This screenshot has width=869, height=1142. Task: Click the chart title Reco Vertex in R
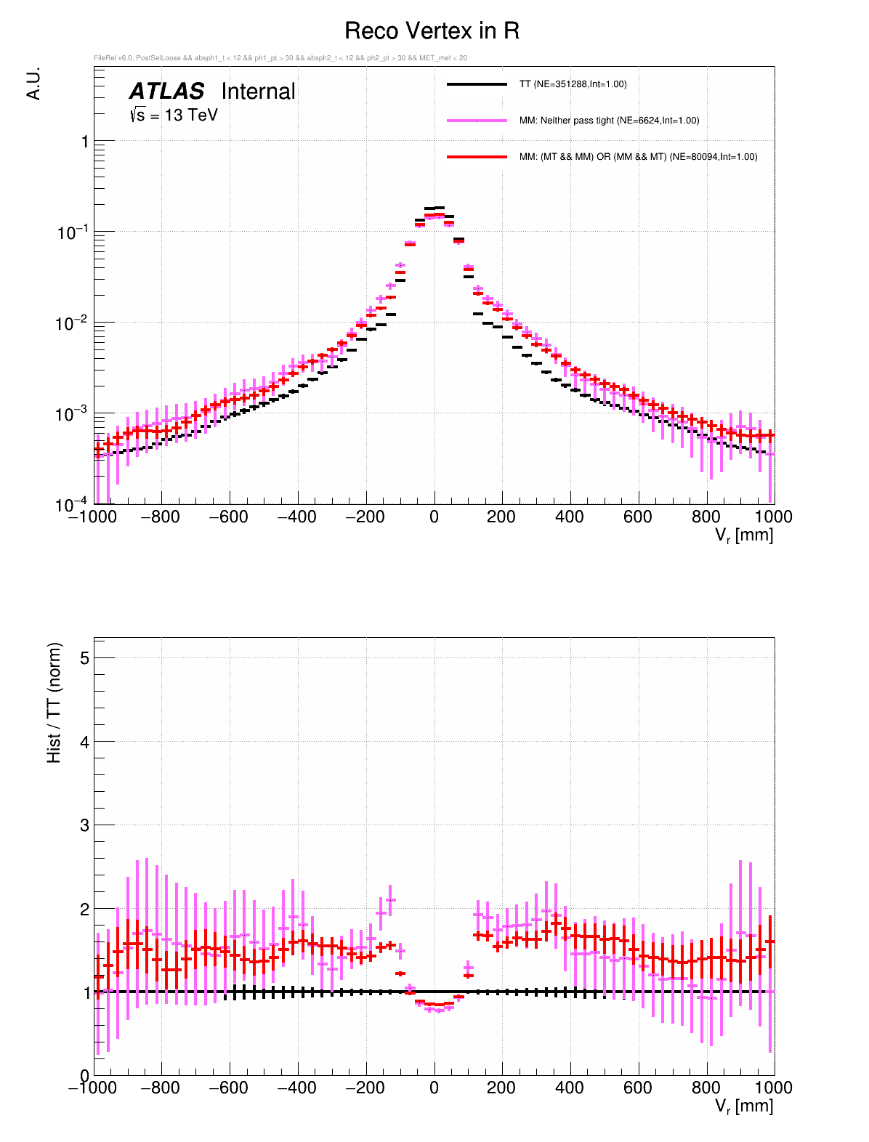[x=432, y=31]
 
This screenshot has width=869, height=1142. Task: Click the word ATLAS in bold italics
[x=166, y=92]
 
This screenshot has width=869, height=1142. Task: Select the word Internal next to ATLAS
[x=258, y=92]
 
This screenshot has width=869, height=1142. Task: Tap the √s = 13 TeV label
[x=174, y=115]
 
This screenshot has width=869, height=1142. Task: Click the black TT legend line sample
[x=477, y=84]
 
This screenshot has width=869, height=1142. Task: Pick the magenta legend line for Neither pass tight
[x=477, y=121]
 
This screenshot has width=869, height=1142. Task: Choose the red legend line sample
[x=477, y=157]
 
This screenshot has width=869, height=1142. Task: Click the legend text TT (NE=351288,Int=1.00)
[x=573, y=84]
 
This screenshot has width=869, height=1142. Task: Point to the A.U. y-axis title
[x=33, y=84]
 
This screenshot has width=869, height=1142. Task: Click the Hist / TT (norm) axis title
[x=54, y=702]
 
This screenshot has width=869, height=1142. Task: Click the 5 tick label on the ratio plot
[x=84, y=658]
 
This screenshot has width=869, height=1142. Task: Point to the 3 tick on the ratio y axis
[x=84, y=825]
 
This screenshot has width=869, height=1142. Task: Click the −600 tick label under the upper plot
[x=227, y=517]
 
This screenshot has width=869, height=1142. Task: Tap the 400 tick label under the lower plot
[x=569, y=1088]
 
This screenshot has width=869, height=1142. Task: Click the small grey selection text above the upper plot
[x=280, y=58]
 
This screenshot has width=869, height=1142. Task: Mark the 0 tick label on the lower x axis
[x=434, y=1088]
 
